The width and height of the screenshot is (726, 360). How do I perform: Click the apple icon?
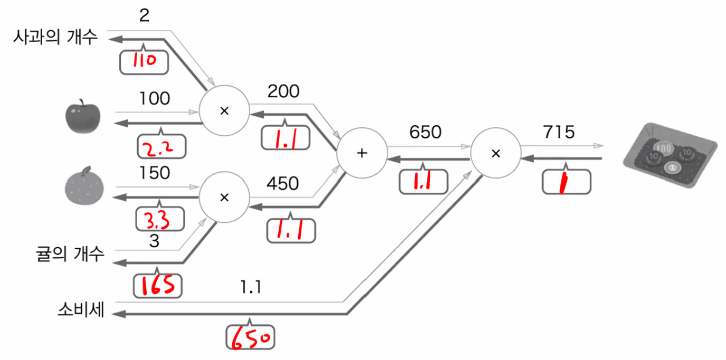(x=83, y=116)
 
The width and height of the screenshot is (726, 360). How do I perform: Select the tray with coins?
(x=670, y=156)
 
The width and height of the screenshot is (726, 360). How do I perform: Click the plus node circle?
(x=361, y=153)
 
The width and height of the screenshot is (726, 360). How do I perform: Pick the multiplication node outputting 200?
(x=224, y=111)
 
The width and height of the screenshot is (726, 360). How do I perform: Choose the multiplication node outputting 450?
(x=224, y=197)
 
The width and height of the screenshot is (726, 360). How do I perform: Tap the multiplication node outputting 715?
(x=495, y=153)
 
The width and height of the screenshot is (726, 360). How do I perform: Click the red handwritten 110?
(x=144, y=61)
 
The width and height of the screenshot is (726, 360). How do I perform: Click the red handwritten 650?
(x=251, y=337)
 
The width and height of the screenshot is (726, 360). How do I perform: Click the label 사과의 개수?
(x=56, y=37)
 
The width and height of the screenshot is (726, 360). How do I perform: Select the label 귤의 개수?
(x=68, y=254)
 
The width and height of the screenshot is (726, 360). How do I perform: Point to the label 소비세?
(x=81, y=310)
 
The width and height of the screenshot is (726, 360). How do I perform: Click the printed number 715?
(x=557, y=132)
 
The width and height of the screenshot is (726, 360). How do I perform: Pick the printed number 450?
(x=282, y=183)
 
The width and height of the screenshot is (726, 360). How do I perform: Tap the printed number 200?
(x=283, y=92)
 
